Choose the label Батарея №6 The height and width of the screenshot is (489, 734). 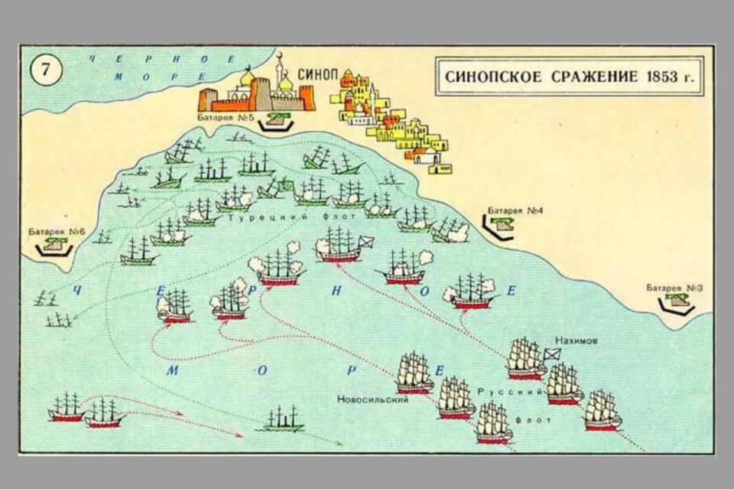pyautogui.click(x=55, y=230)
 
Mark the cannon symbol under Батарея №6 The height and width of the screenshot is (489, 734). pyautogui.click(x=55, y=246)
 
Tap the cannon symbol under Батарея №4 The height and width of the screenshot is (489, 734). pyautogui.click(x=502, y=223)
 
